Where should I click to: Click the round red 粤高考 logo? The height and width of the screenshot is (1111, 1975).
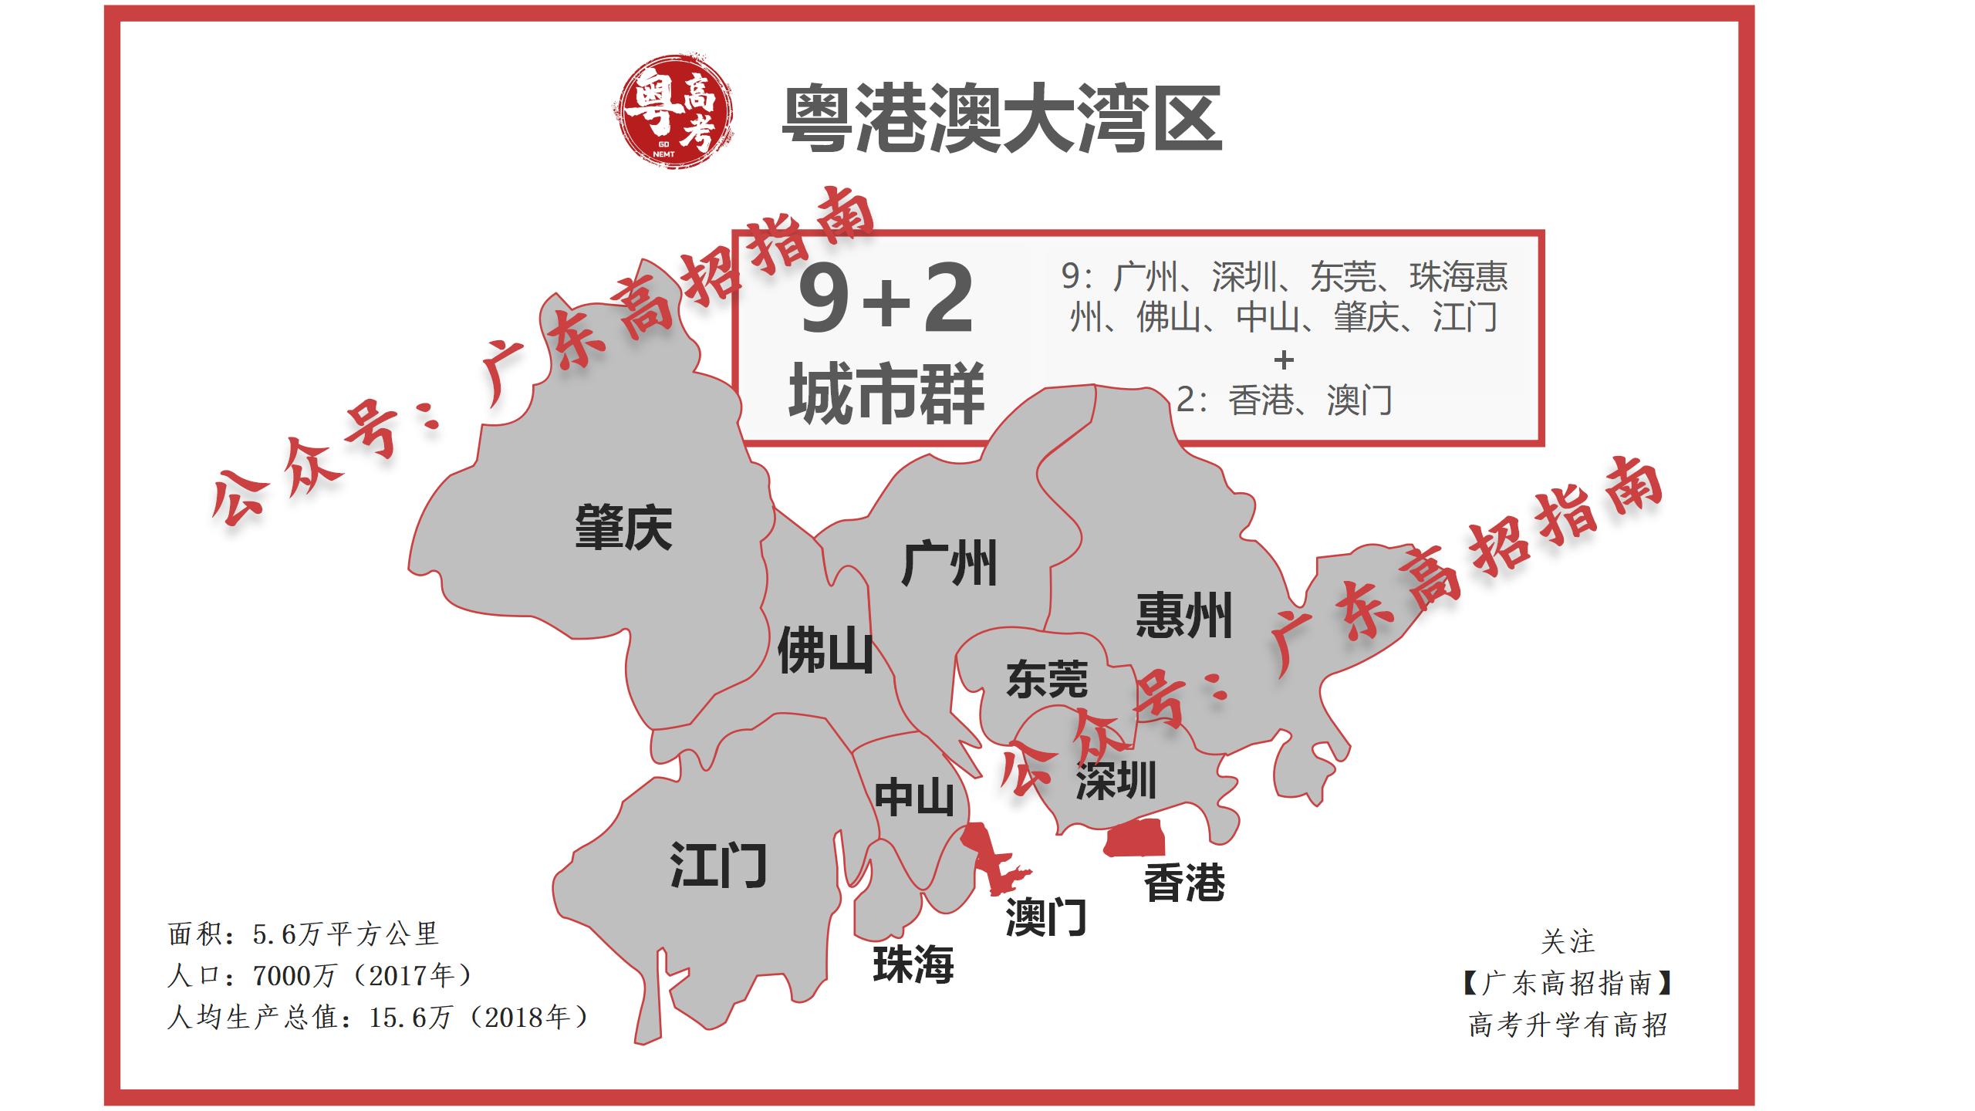click(674, 110)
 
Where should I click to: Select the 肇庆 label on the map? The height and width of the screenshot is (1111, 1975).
click(623, 528)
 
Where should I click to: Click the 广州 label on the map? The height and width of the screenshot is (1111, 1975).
click(949, 563)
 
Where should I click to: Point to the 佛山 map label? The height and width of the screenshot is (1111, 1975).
click(825, 650)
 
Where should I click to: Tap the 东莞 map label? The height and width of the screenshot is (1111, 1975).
click(1047, 679)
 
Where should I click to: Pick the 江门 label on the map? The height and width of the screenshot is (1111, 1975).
click(718, 865)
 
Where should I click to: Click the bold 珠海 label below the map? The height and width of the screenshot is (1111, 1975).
click(913, 964)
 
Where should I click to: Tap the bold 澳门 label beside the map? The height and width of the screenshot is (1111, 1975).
click(1046, 917)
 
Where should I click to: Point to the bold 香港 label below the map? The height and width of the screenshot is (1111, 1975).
click(1184, 883)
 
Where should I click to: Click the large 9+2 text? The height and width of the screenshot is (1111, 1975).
click(886, 299)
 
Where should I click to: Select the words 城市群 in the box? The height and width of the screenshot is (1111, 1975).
click(886, 393)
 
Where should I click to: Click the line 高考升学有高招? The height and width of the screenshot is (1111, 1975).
click(1568, 1025)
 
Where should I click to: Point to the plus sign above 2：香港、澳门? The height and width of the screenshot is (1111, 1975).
click(1284, 360)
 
